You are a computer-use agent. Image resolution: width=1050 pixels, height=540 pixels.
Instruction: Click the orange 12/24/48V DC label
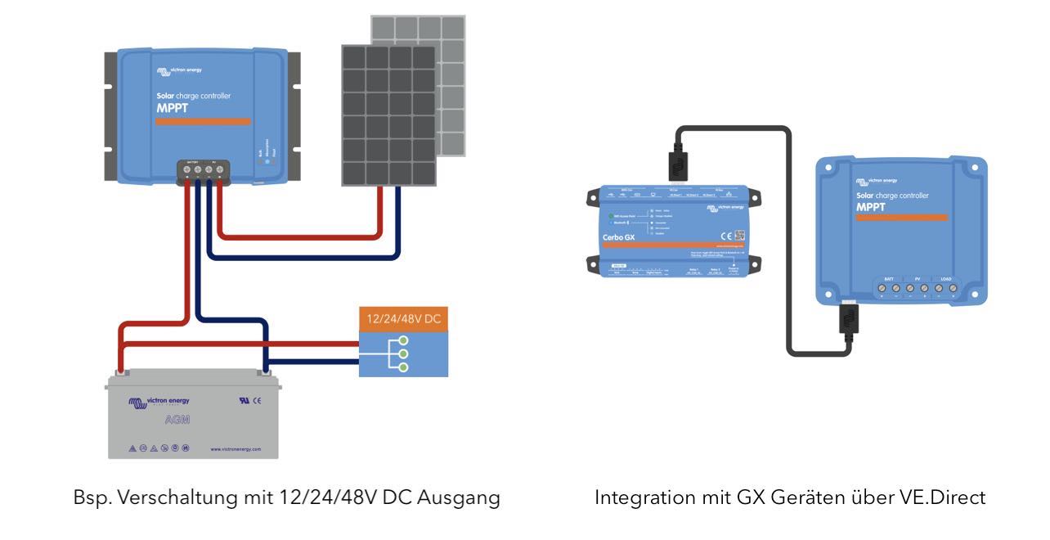point(403,318)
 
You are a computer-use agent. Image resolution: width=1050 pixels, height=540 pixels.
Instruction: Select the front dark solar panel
point(388,115)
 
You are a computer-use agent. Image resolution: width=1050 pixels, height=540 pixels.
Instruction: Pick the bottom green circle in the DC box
point(402,367)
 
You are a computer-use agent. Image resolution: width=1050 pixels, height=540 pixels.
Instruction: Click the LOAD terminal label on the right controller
point(947,278)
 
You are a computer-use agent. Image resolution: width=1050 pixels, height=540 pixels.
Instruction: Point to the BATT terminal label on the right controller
point(888,278)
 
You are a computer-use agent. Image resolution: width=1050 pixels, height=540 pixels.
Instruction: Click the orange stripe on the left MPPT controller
point(204,121)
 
